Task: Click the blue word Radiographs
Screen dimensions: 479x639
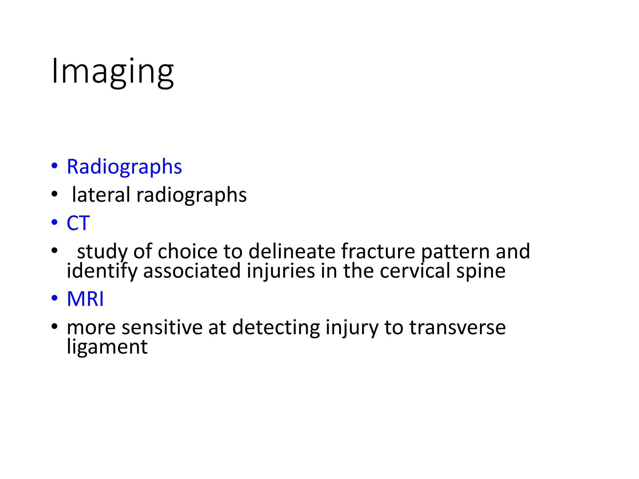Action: click(x=124, y=167)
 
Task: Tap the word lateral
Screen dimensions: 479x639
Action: click(x=101, y=195)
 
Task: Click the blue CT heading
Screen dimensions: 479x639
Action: click(x=78, y=223)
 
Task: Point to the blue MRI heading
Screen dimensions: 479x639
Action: click(x=85, y=299)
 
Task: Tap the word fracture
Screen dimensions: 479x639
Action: click(x=378, y=251)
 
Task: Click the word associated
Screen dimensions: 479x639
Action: click(x=192, y=271)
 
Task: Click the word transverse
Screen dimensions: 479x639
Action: click(x=457, y=327)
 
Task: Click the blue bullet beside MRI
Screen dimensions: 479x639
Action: click(x=55, y=298)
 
